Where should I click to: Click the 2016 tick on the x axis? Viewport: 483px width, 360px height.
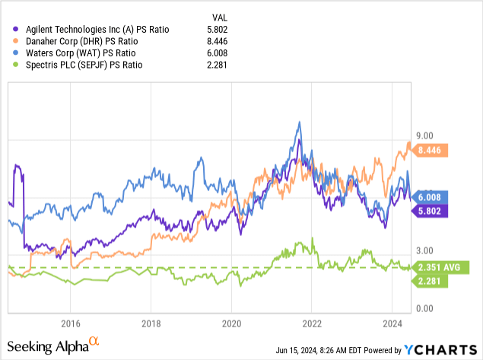pyautogui.click(x=70, y=323)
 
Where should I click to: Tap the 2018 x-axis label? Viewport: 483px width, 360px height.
pyautogui.click(x=151, y=323)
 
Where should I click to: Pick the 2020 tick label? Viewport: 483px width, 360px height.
pyautogui.click(x=231, y=323)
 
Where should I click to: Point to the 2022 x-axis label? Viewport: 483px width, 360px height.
pyautogui.click(x=311, y=323)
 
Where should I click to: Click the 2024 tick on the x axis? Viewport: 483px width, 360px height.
pyautogui.click(x=392, y=323)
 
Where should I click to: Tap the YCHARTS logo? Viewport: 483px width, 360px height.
pyautogui.click(x=440, y=350)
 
